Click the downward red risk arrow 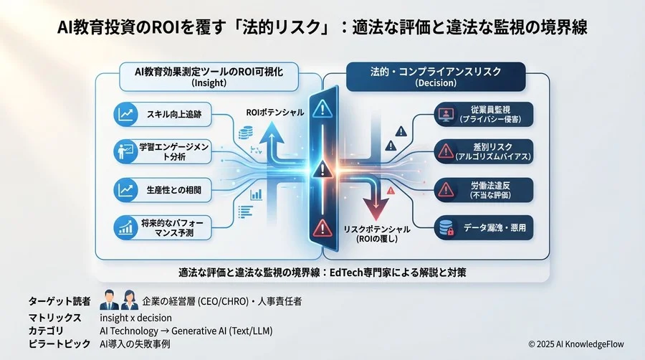pos(373,198)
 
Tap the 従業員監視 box pos(484,114)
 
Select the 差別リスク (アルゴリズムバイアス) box pos(484,151)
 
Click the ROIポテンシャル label pos(274,113)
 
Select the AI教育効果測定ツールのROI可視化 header pos(209,76)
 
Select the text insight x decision pos(135,317)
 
